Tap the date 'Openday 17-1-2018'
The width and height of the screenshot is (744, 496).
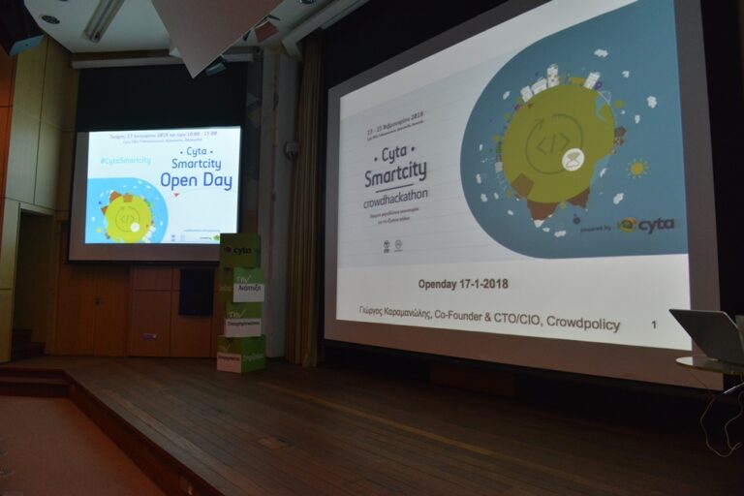(463, 284)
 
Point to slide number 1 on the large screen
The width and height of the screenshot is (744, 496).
(654, 324)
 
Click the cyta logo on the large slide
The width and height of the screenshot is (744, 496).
(646, 225)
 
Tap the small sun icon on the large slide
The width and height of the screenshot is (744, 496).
(636, 169)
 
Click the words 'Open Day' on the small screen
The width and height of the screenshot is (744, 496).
(196, 180)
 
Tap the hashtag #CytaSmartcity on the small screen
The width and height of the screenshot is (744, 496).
(125, 160)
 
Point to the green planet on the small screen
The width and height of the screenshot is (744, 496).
(128, 217)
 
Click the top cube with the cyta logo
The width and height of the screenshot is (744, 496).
(239, 250)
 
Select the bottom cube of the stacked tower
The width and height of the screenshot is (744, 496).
(241, 354)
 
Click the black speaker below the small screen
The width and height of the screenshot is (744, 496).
(196, 292)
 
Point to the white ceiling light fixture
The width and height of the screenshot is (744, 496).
(103, 19)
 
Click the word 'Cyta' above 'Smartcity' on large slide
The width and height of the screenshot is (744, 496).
(393, 154)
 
